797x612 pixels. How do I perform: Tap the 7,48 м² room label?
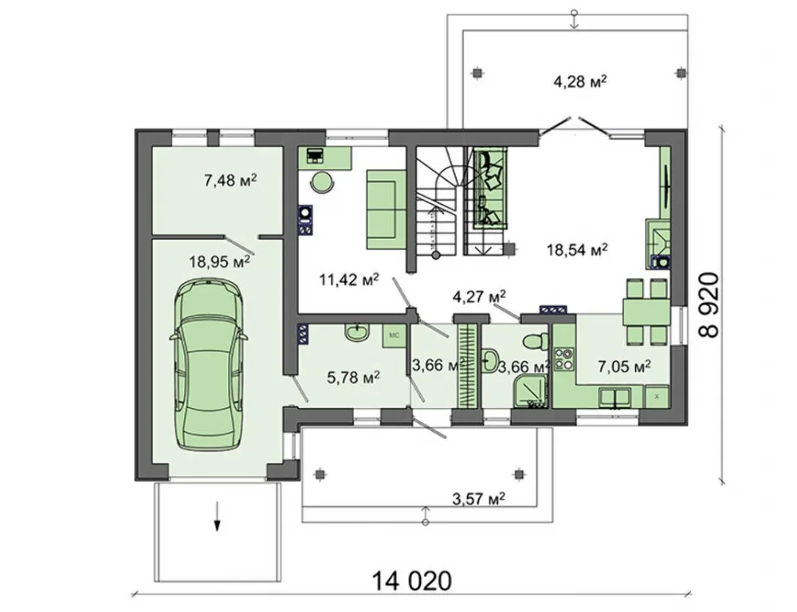tap(230, 180)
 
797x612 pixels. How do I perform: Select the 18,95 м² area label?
tap(220, 261)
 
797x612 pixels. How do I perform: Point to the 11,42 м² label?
tap(349, 279)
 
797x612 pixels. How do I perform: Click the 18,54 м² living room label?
tap(577, 249)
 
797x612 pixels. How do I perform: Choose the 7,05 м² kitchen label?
tap(625, 366)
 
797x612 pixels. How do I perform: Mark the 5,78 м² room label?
tap(354, 377)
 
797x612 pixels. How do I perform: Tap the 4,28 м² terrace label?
tap(580, 80)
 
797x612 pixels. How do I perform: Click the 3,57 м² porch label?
tap(479, 499)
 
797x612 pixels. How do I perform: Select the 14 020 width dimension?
tap(412, 580)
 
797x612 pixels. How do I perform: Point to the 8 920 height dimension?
tap(709, 304)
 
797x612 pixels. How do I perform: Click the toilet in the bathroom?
tap(535, 340)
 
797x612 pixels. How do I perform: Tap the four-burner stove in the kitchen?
tap(563, 359)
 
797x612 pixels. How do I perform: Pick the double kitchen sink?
tap(615, 397)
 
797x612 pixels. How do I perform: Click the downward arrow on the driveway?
tap(217, 516)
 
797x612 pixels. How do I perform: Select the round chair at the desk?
tap(322, 182)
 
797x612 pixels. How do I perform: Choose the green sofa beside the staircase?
tap(386, 210)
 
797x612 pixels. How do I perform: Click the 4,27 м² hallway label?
tap(479, 296)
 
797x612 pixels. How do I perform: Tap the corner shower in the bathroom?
tap(532, 391)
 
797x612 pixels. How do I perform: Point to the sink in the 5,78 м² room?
tap(358, 333)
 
